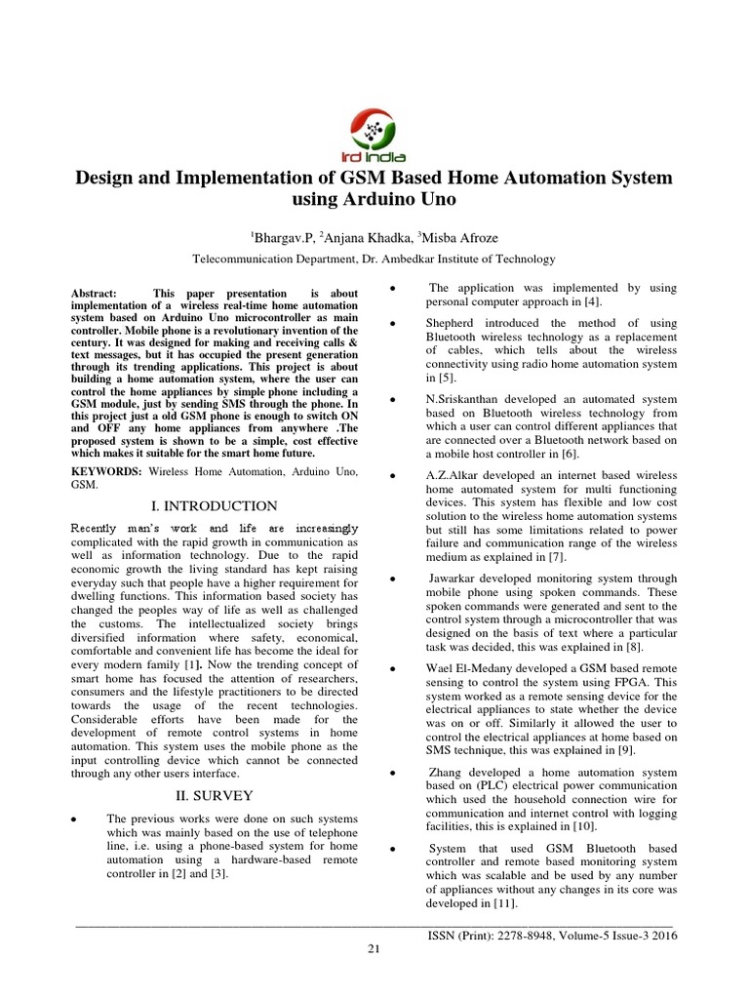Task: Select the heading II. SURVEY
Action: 214,795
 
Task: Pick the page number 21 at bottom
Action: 373,951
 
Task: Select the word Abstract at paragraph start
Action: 95,294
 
